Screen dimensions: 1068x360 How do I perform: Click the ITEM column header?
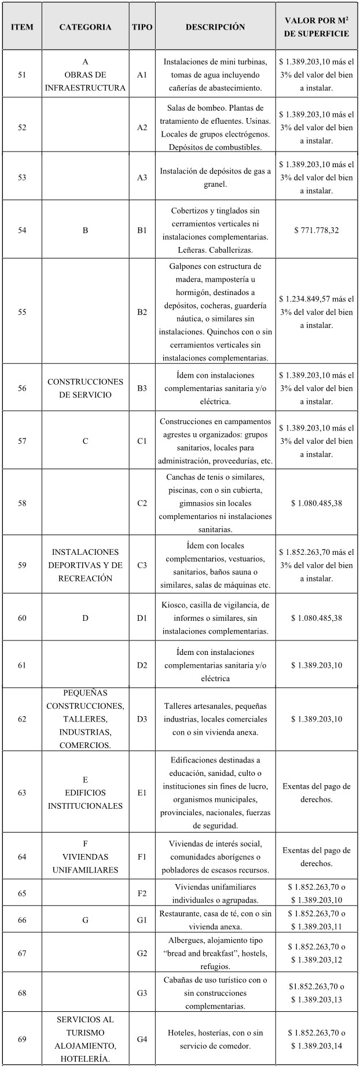(x=22, y=27)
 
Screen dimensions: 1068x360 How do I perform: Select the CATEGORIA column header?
(x=85, y=27)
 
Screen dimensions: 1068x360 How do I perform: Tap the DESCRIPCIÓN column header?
(x=215, y=27)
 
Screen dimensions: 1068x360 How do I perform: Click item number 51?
(x=22, y=75)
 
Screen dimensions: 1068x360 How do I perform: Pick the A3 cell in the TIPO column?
(x=142, y=178)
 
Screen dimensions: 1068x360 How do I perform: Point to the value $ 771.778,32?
(x=317, y=230)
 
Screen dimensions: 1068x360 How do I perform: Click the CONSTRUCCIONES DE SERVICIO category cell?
(x=85, y=388)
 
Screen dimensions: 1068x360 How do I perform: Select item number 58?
(x=22, y=503)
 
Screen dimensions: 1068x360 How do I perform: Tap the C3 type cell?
(x=142, y=565)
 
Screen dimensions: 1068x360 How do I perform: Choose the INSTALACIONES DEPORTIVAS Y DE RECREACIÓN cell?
(x=85, y=565)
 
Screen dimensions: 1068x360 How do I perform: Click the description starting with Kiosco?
(x=215, y=618)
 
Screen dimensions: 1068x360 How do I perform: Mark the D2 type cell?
(x=142, y=665)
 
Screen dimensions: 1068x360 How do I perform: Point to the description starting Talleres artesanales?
(x=215, y=719)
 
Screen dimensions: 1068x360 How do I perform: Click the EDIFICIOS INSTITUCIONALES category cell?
(x=85, y=793)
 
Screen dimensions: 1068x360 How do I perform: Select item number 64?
(x=22, y=856)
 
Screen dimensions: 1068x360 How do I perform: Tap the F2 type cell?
(x=142, y=893)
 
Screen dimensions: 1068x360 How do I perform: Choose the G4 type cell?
(x=142, y=1039)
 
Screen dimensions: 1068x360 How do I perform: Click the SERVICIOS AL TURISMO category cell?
(x=85, y=1039)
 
